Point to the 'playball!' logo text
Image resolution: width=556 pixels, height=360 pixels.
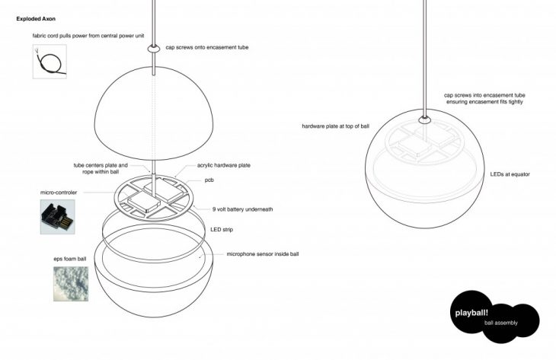470,313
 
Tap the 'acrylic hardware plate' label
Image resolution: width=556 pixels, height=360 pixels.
224,164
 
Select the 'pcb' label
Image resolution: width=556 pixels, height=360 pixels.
210,180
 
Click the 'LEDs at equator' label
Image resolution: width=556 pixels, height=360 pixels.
510,174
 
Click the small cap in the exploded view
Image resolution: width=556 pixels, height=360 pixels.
153,49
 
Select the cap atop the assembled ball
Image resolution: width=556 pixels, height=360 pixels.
423,118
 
